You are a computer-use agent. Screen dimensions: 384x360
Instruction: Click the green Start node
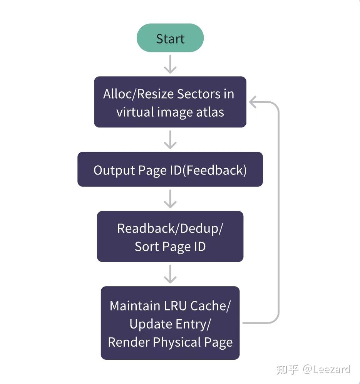tap(170, 38)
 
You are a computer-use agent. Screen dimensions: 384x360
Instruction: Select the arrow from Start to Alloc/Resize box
tap(170, 64)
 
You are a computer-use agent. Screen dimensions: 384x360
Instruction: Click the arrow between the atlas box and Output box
tap(170, 139)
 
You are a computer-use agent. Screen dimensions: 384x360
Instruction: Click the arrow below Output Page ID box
tap(170, 199)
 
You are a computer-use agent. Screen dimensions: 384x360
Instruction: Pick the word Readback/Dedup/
tap(170, 228)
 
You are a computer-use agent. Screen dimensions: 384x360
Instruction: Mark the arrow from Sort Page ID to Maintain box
tap(170, 274)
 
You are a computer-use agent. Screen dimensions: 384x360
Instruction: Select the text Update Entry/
tap(170, 324)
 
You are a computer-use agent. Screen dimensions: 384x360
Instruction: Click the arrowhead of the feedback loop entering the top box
tap(253, 102)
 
